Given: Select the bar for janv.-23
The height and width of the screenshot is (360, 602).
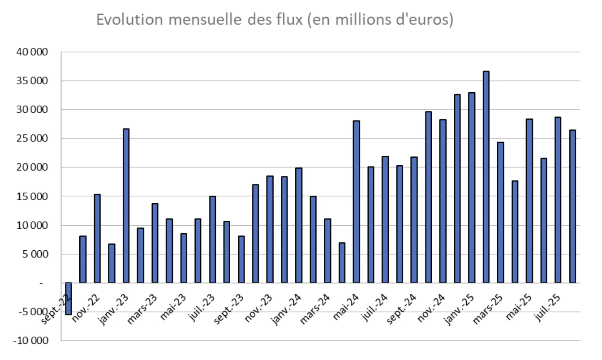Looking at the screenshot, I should pos(126,206).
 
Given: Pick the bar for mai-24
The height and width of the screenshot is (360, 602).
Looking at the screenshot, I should pos(356,202).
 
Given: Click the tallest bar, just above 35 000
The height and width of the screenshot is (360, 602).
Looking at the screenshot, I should pos(486,177).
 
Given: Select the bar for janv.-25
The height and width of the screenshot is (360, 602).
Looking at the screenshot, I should pos(472,188).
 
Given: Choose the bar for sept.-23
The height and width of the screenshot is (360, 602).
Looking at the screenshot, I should pos(241,259).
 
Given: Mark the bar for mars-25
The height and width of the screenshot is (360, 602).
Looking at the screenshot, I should pos(500,213).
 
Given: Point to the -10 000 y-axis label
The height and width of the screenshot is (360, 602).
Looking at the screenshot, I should pos(31,341).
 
